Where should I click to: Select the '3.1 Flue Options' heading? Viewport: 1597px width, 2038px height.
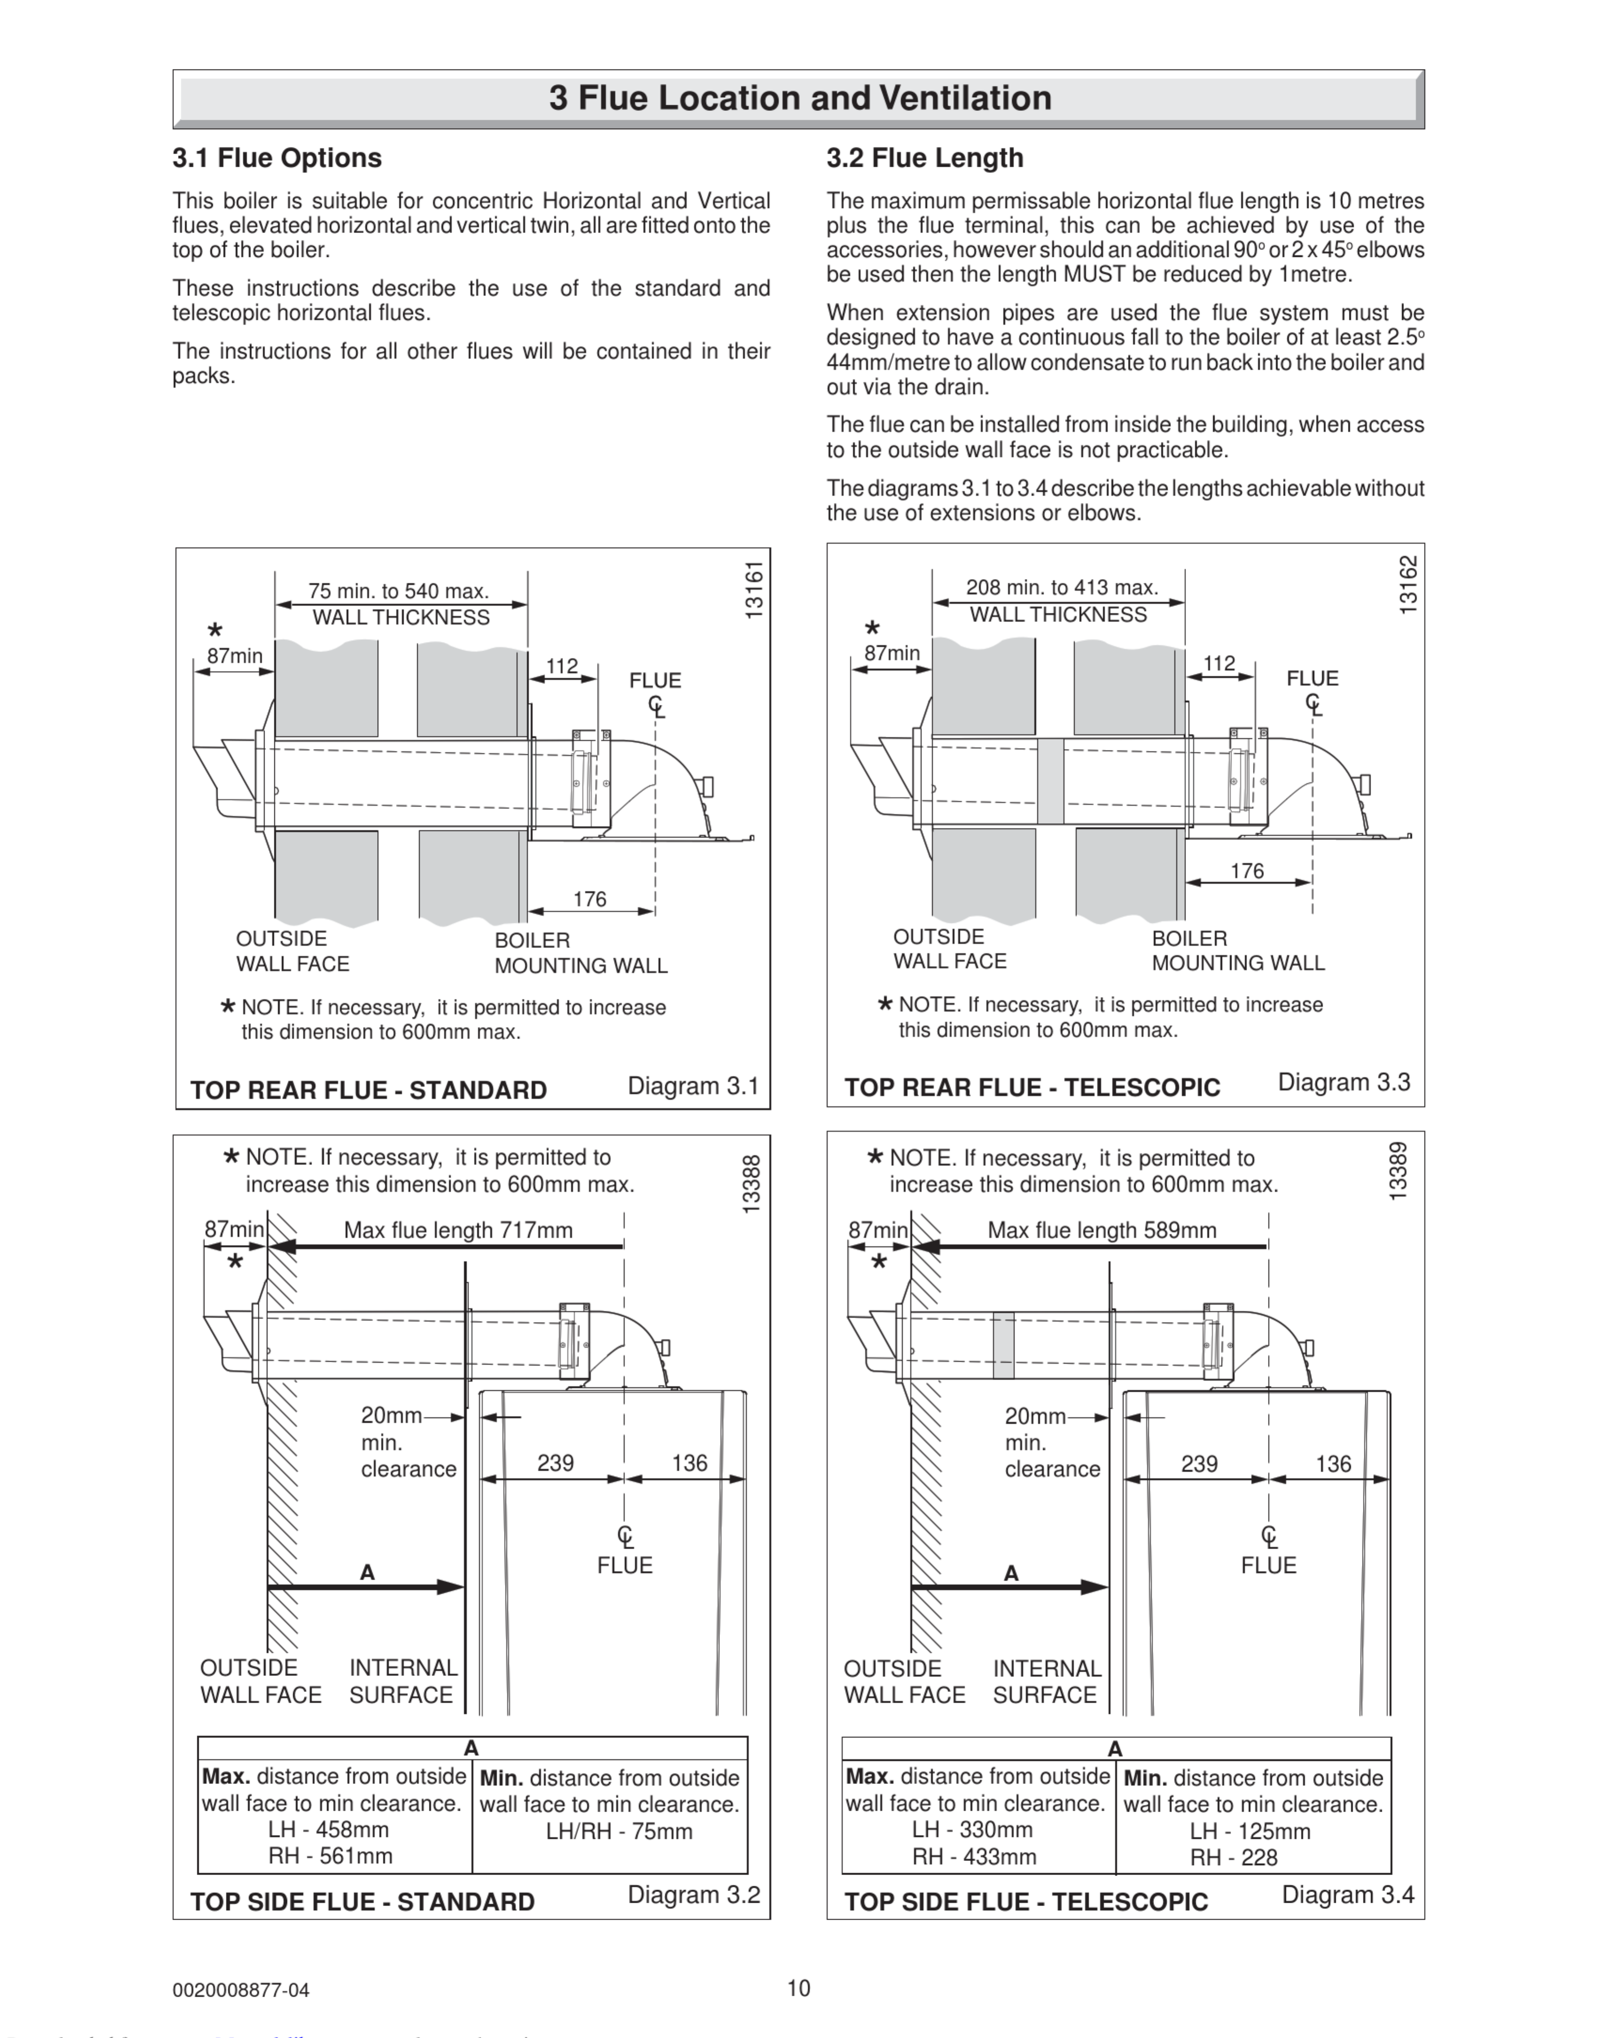point(277,158)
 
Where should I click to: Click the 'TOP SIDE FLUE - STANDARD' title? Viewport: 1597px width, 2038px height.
point(363,1901)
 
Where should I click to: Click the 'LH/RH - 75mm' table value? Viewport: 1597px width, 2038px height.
point(619,1830)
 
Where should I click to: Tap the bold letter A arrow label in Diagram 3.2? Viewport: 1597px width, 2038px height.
point(367,1573)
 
